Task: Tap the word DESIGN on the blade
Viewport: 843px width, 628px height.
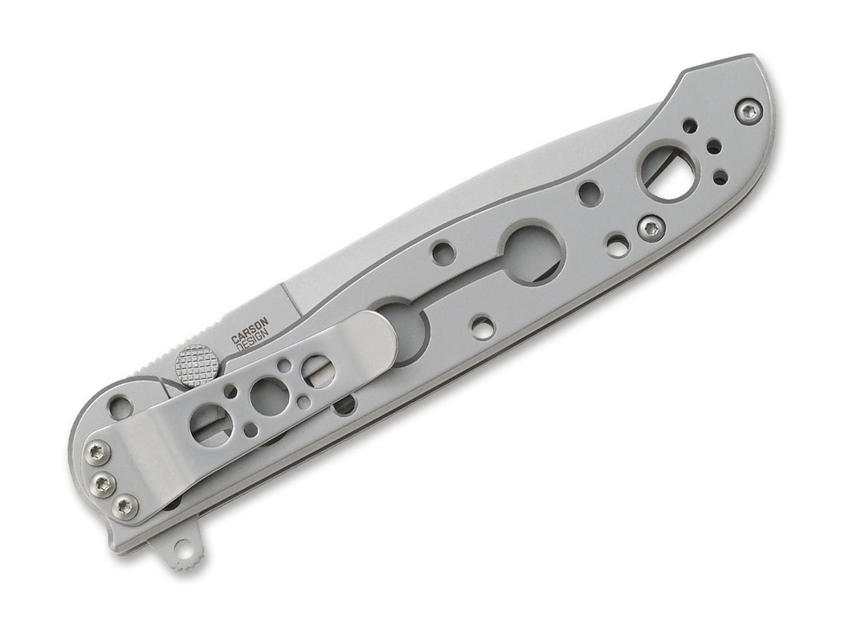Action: pyautogui.click(x=252, y=344)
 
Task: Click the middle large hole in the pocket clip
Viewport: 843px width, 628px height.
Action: pyautogui.click(x=265, y=397)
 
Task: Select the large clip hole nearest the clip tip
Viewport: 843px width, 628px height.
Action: pyautogui.click(x=317, y=371)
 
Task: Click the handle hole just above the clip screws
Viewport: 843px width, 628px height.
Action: pyautogui.click(x=120, y=405)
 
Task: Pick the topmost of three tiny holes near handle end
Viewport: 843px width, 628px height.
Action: pyautogui.click(x=690, y=126)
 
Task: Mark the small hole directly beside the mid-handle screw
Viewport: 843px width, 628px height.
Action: pyautogui.click(x=617, y=245)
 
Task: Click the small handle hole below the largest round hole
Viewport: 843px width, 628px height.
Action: pyautogui.click(x=482, y=327)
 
